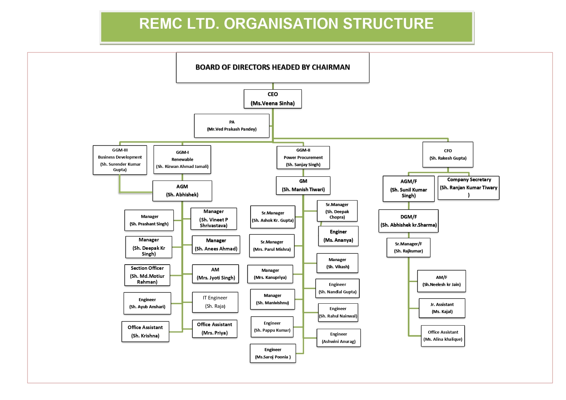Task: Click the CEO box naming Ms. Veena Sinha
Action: (x=273, y=99)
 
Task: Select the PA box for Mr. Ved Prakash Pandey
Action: (x=232, y=126)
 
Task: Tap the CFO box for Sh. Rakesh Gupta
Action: (x=448, y=154)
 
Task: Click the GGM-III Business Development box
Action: (x=120, y=160)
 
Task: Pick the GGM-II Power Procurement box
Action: (x=303, y=158)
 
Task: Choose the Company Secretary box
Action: (x=469, y=188)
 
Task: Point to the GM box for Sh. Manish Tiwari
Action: (x=303, y=185)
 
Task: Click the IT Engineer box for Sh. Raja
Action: (x=215, y=302)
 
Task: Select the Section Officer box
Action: (x=147, y=275)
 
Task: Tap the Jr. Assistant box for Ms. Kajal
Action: (x=442, y=308)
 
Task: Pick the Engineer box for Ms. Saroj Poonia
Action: (x=273, y=353)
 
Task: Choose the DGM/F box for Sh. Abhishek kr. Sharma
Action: (x=408, y=221)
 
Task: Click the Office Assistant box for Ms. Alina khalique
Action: (x=443, y=336)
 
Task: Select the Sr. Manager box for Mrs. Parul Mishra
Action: (x=272, y=246)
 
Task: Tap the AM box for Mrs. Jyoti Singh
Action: (x=215, y=274)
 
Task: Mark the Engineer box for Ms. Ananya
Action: (x=338, y=236)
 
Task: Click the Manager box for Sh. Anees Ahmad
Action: (x=216, y=245)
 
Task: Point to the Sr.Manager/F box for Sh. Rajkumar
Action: (x=408, y=247)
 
